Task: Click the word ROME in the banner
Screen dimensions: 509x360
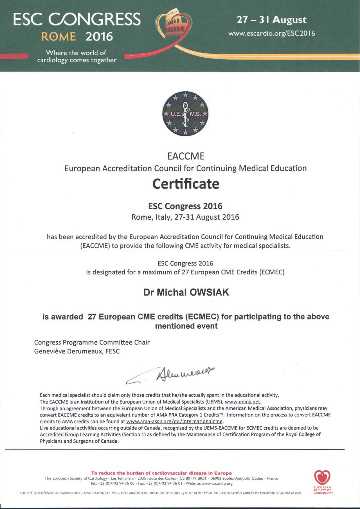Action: [x=58, y=37]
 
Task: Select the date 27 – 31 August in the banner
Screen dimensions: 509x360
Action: [x=271, y=20]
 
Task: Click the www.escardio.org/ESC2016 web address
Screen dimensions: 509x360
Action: [x=271, y=33]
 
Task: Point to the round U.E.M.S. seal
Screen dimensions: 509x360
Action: [x=186, y=114]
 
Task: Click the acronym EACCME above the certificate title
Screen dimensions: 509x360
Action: [x=186, y=156]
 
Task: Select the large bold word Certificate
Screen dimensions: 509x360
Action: [x=186, y=184]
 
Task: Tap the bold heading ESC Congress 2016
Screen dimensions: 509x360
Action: [x=185, y=206]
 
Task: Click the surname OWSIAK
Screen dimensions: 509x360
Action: [x=210, y=292]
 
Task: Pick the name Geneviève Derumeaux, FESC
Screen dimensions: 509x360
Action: [x=77, y=351]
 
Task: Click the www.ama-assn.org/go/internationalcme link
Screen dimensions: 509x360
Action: [x=174, y=422]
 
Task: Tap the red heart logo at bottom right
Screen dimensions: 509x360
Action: [x=322, y=478]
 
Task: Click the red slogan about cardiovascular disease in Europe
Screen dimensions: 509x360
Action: [x=161, y=473]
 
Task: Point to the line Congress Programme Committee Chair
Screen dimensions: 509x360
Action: [x=92, y=342]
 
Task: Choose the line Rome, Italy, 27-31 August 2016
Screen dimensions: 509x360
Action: [x=185, y=217]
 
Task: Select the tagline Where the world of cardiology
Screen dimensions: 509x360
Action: [x=76, y=56]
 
